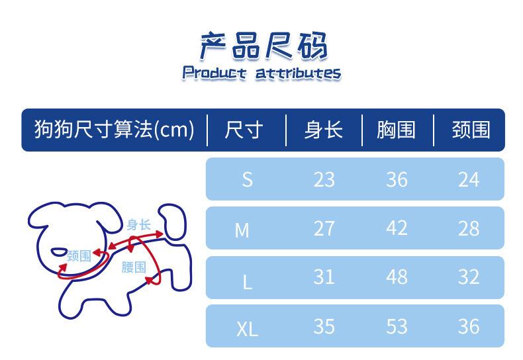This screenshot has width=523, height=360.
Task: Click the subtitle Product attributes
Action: click(261, 73)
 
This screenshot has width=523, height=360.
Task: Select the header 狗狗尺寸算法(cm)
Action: click(114, 130)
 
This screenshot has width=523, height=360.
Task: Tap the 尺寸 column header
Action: click(244, 130)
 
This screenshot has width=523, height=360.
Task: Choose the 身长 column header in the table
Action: click(323, 130)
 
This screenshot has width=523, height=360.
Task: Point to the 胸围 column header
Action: click(396, 130)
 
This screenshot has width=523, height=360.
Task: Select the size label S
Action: click(247, 179)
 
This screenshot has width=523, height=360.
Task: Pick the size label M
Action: click(242, 230)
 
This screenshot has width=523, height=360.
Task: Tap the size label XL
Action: click(247, 328)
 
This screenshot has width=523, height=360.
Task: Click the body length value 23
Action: click(324, 179)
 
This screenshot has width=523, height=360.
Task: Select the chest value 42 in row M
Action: click(397, 228)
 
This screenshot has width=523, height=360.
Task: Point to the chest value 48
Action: click(397, 277)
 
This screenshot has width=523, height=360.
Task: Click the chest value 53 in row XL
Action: click(397, 326)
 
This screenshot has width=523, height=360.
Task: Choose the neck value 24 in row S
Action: click(468, 179)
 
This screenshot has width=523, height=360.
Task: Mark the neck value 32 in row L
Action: click(468, 277)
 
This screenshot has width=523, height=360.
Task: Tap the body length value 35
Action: click(324, 326)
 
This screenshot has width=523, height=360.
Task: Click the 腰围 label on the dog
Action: click(134, 267)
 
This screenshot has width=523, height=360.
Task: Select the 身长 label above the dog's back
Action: click(140, 225)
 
